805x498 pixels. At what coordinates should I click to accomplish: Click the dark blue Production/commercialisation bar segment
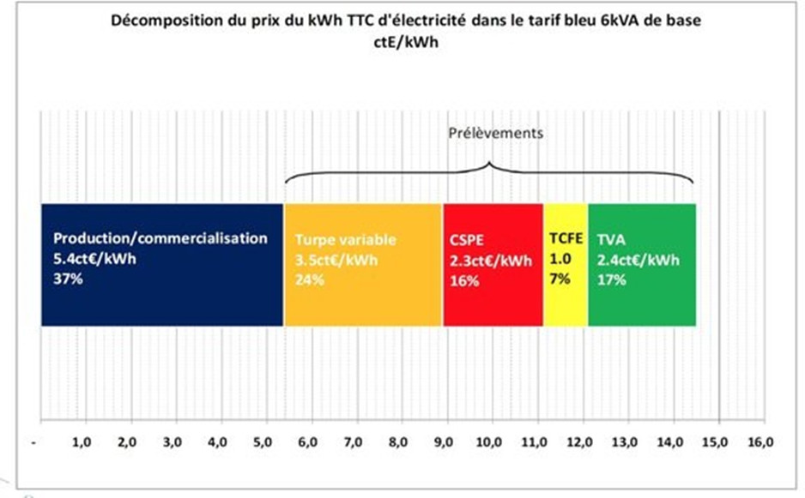162,291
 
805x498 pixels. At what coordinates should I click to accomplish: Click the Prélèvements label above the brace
497,134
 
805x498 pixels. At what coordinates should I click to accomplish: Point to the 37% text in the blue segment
68,277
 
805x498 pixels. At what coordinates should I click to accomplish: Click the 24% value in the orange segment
310,279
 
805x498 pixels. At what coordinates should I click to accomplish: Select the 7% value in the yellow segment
560,279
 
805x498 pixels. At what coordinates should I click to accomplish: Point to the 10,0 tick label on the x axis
491,442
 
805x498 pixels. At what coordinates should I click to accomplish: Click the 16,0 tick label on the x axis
760,442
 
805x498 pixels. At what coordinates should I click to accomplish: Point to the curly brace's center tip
489,163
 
